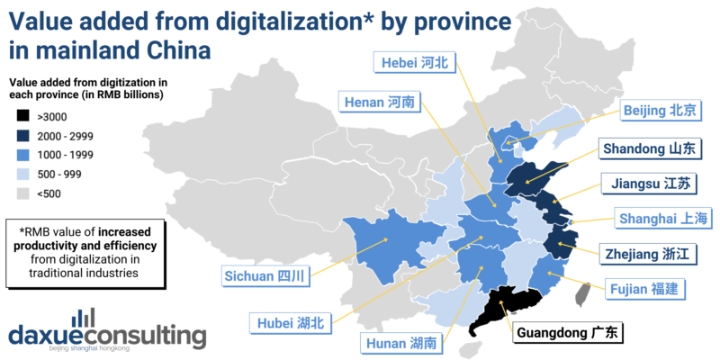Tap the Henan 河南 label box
(x=380, y=103)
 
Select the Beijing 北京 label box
(x=661, y=111)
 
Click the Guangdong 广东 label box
(x=570, y=334)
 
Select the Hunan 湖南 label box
(x=401, y=343)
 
